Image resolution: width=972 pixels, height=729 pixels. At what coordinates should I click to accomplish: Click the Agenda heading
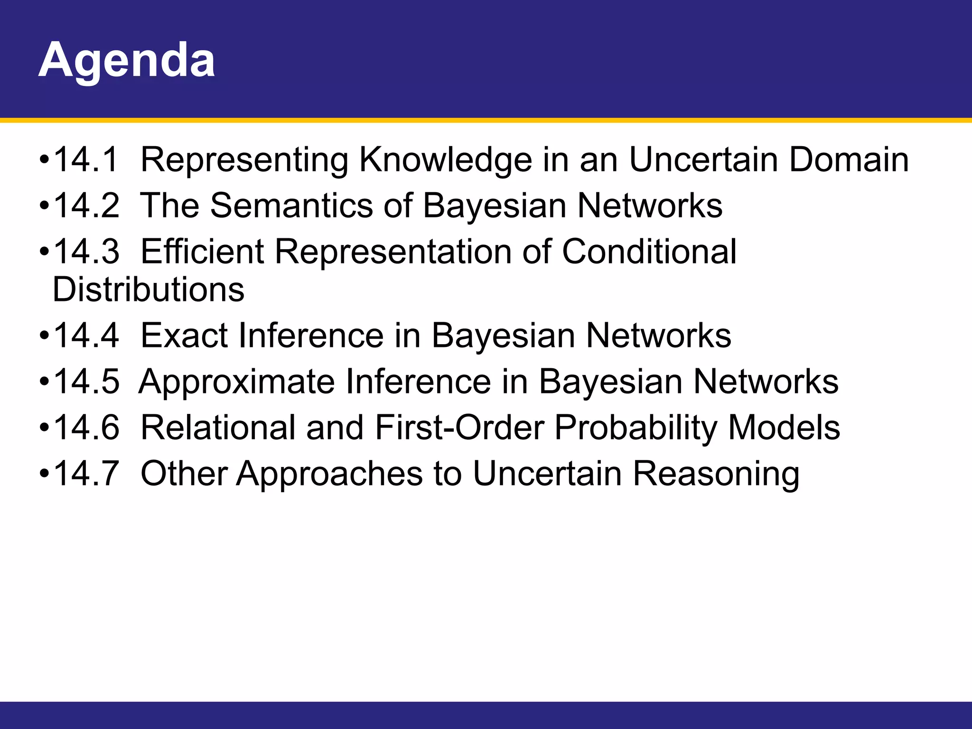pyautogui.click(x=126, y=61)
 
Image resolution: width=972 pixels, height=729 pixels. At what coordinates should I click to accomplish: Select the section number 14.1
pyautogui.click(x=86, y=159)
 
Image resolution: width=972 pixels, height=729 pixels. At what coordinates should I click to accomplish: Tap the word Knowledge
pyautogui.click(x=445, y=160)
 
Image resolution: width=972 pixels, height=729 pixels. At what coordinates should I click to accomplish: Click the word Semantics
pyautogui.click(x=291, y=206)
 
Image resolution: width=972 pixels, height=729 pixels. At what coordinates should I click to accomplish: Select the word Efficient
pyautogui.click(x=202, y=252)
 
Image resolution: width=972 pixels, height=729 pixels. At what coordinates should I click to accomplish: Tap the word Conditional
pyautogui.click(x=649, y=252)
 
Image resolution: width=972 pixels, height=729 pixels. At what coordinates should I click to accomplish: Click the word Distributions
pyautogui.click(x=149, y=290)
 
